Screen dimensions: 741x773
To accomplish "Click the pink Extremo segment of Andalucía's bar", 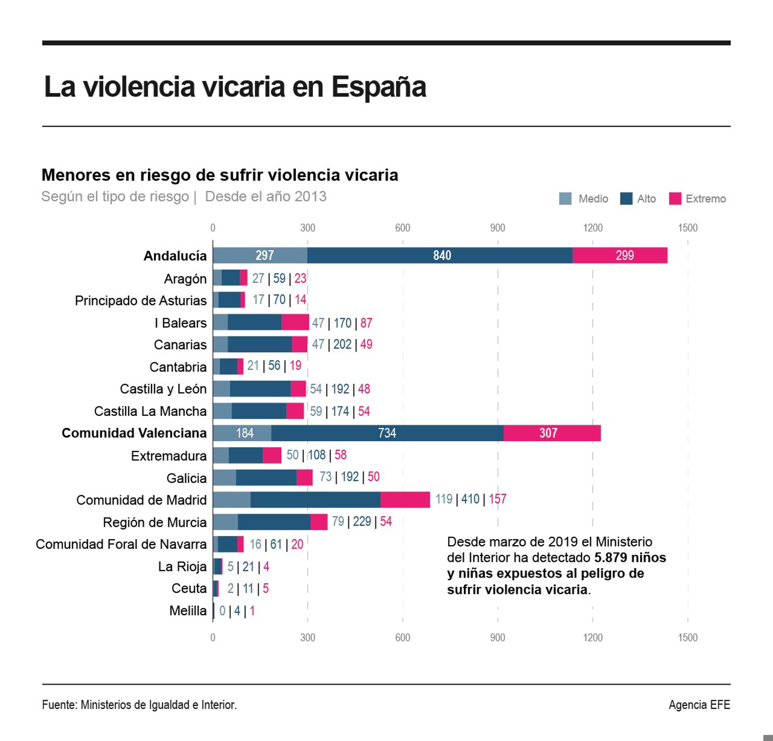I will [620, 255].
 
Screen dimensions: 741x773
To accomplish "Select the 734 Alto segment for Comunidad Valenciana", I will [387, 433].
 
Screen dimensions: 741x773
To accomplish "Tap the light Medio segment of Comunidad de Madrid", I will [231, 500].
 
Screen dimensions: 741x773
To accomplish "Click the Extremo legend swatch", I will [675, 199].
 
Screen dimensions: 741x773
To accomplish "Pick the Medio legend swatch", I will [565, 199].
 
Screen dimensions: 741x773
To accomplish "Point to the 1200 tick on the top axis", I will [593, 228].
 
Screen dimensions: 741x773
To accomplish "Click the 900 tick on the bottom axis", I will [498, 637].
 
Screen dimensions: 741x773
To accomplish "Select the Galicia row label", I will [186, 478].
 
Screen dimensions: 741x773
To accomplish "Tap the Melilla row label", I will [188, 611].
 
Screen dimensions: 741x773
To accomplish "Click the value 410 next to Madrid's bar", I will [470, 499].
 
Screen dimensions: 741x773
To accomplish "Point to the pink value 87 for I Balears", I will [366, 323].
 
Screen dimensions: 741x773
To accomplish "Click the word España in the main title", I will [378, 87].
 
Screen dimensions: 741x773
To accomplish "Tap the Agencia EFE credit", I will [699, 705].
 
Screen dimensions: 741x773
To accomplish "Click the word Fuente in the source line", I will [59, 705].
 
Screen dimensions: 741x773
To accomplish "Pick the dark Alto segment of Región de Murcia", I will [274, 522].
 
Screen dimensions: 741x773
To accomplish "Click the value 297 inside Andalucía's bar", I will [265, 255].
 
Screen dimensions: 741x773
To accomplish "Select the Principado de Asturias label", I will [141, 301].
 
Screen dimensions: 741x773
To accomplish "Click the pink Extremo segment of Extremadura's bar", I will [272, 455].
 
